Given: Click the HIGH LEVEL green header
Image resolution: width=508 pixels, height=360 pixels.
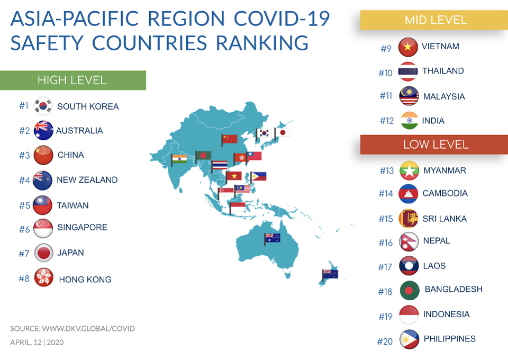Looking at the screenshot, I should [x=72, y=80].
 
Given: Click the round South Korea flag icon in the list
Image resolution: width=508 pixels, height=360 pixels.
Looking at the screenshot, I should [x=43, y=106].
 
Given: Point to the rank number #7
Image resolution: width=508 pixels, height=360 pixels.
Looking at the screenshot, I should [x=24, y=254].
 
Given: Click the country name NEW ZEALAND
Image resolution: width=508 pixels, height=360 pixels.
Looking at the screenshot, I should [x=87, y=180].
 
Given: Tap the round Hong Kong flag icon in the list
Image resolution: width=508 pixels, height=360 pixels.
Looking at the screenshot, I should [x=43, y=278].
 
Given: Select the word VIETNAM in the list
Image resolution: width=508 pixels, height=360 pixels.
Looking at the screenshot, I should [x=440, y=47].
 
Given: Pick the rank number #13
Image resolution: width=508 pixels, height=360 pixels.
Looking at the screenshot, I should [x=387, y=171].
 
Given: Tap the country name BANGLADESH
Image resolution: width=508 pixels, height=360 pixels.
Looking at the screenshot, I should [x=453, y=290].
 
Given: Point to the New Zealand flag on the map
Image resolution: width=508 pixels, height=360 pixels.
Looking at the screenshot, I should [x=330, y=274].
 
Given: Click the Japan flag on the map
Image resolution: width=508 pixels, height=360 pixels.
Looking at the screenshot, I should [x=283, y=132].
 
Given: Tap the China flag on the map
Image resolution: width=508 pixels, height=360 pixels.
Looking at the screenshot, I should [x=230, y=139].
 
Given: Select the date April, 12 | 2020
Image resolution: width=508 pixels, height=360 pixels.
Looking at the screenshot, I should [x=37, y=342].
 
